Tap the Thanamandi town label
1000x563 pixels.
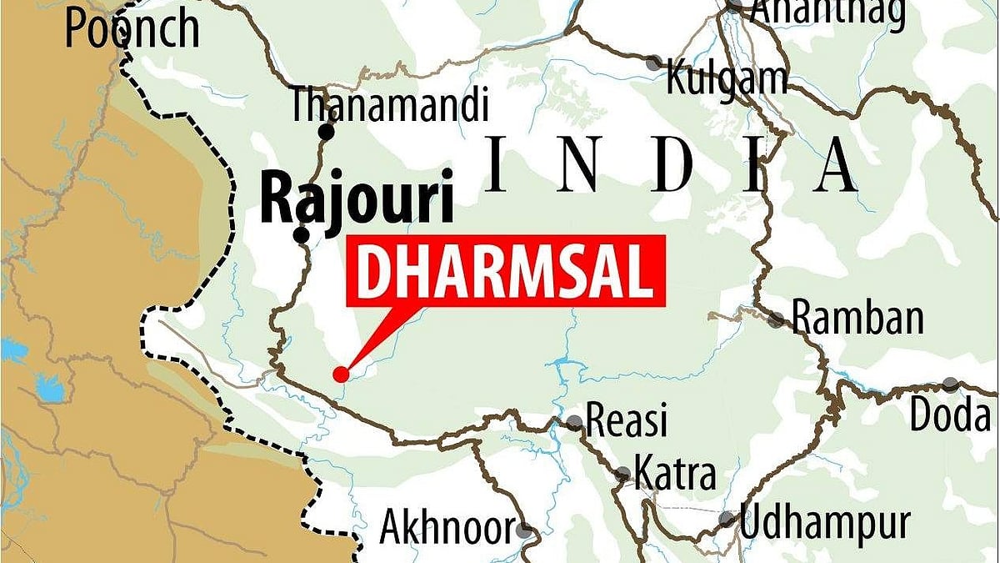tap(388, 107)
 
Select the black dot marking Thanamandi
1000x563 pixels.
tap(327, 132)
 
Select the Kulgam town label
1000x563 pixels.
tap(727, 79)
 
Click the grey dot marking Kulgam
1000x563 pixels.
tap(656, 62)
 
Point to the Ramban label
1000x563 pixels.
tap(857, 319)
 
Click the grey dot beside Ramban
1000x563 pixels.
tap(777, 319)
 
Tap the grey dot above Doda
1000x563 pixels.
tap(951, 385)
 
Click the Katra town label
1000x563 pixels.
tap(674, 474)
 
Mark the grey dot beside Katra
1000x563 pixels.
tap(622, 475)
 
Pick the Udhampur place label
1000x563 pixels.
tap(824, 524)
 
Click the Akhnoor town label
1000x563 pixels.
tap(447, 527)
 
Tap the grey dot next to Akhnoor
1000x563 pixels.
tap(523, 529)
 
